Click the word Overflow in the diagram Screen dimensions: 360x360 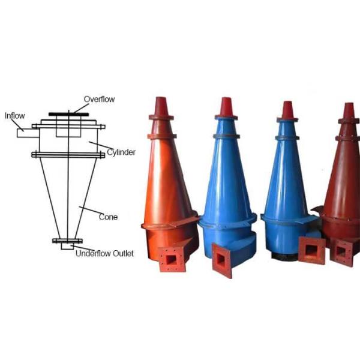point(99,99)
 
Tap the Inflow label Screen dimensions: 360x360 point(14,115)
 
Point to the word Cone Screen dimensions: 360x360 point(108,217)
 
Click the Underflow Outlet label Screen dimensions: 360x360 point(104,254)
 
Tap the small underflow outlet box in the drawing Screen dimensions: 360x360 point(67,246)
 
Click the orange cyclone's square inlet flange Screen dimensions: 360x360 point(172,260)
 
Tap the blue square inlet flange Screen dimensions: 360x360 point(223,260)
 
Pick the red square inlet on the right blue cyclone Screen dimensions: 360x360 point(311,250)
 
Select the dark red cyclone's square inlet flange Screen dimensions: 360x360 point(344,252)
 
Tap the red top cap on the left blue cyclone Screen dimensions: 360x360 point(226,107)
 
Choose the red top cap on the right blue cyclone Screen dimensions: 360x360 point(287,110)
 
